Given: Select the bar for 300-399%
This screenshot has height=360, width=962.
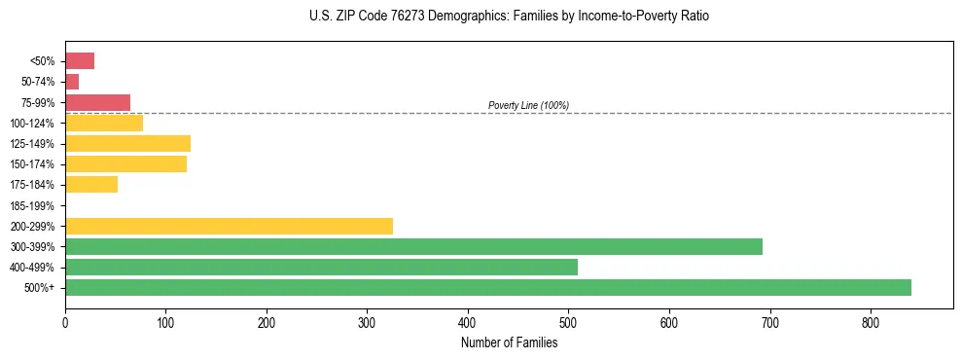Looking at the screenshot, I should click(x=413, y=246).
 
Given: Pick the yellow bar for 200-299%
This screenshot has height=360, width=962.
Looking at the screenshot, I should click(x=229, y=226).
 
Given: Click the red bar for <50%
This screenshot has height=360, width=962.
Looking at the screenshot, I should click(x=80, y=61).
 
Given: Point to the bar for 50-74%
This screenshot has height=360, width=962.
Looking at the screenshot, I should click(x=72, y=82).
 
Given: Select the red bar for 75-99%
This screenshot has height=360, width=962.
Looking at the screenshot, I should click(x=97, y=102).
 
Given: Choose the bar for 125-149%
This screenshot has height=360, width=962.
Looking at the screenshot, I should click(x=127, y=144).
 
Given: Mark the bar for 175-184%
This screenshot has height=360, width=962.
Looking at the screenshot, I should click(x=91, y=185).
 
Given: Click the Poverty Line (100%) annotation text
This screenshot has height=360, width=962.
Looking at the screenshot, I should click(x=528, y=105).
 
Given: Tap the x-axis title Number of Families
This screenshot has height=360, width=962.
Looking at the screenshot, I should click(x=510, y=342).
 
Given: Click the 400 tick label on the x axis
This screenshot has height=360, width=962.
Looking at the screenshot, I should click(x=468, y=321).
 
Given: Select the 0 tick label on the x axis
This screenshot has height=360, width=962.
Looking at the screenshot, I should click(x=65, y=321).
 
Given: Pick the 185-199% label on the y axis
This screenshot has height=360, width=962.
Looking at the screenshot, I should click(x=32, y=205).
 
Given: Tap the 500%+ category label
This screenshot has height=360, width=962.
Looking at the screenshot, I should click(x=39, y=288).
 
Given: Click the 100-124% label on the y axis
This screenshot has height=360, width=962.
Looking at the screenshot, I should click(x=32, y=124).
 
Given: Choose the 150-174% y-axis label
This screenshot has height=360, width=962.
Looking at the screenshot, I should click(x=32, y=164).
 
